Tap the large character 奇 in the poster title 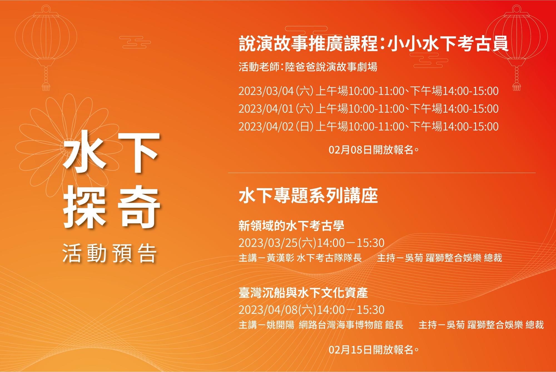[139, 207]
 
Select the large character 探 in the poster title [85, 207]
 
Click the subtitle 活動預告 [110, 253]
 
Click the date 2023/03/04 [266, 91]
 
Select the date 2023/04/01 [266, 109]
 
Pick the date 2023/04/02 [266, 127]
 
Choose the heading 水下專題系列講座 [308, 195]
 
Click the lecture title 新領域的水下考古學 [291, 225]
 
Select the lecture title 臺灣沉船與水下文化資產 [303, 292]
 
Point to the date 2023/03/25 [268, 243]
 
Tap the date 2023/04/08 [268, 310]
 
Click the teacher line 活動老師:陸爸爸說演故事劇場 [308, 67]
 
